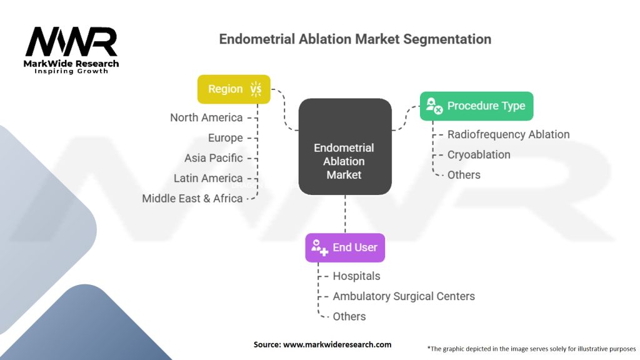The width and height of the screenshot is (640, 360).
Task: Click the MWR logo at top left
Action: (x=71, y=42)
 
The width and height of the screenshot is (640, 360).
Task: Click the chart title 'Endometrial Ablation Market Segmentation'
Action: (x=354, y=39)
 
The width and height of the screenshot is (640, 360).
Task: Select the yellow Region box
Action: (x=234, y=89)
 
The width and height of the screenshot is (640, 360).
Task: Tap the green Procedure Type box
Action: (x=476, y=106)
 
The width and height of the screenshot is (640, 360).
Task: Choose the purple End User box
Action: (x=345, y=247)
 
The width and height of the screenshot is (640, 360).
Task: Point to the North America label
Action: (x=206, y=117)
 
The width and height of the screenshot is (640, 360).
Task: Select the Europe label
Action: (x=225, y=137)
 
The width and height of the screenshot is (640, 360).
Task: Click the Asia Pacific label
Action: (x=213, y=157)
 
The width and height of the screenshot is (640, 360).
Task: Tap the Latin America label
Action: (x=208, y=178)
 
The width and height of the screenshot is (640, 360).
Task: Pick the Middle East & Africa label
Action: (x=192, y=198)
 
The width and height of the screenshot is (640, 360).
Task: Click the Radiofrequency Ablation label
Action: (x=508, y=134)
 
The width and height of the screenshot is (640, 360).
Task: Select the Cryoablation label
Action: (x=479, y=154)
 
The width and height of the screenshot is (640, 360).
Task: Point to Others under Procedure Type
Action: (x=464, y=174)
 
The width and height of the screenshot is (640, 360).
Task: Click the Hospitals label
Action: (x=356, y=276)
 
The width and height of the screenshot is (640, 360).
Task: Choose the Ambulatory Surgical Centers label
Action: (x=404, y=296)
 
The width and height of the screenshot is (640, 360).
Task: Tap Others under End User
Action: (x=349, y=316)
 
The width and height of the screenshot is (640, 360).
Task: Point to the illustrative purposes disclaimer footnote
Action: (x=531, y=348)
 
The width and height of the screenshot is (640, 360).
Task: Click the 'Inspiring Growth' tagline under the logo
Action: (x=71, y=71)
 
